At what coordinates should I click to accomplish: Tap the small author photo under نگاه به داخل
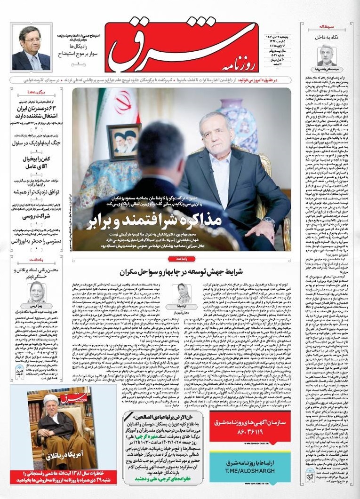point(327,55)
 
